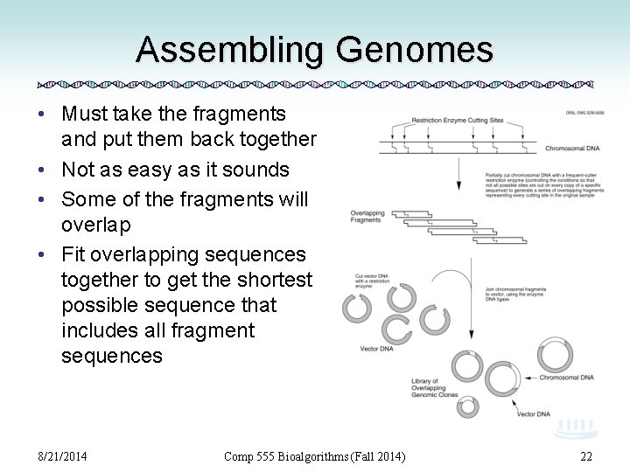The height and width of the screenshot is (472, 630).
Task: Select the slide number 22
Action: tap(586, 455)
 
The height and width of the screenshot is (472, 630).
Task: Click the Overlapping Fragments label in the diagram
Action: tap(366, 216)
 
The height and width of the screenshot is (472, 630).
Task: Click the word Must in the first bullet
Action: tap(86, 114)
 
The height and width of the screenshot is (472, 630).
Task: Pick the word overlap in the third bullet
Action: tap(96, 225)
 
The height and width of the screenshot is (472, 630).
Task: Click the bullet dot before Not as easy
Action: tap(43, 170)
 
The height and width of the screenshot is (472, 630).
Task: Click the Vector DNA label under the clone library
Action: tap(534, 413)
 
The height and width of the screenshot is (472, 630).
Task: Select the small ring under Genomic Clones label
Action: tap(468, 406)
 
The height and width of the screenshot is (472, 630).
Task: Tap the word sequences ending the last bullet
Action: tap(112, 356)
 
